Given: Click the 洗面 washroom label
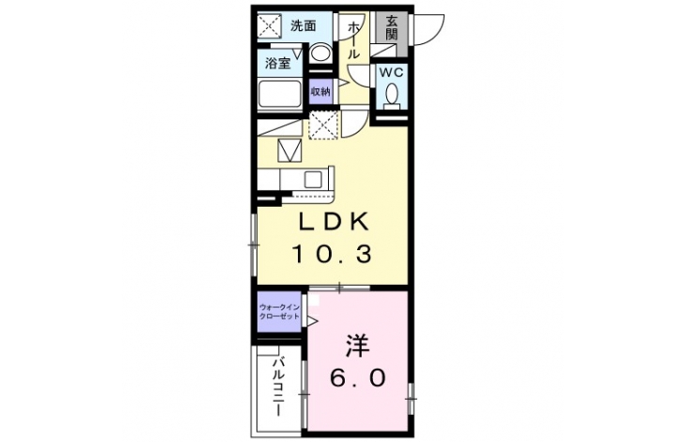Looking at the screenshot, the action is (304, 26).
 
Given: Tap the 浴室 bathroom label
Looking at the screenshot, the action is (278, 63).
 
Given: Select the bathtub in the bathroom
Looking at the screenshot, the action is (279, 94).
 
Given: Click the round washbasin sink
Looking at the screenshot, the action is (320, 53).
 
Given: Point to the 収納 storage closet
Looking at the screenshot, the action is (320, 91).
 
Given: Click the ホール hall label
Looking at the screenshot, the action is (353, 40).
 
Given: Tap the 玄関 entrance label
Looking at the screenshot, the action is (392, 28).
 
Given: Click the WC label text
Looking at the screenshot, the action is (391, 72).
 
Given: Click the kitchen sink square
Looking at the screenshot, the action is (313, 180).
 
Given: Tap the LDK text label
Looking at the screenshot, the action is (334, 221).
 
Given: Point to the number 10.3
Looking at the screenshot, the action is (332, 254).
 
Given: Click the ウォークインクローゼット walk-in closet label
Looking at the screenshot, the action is (279, 311).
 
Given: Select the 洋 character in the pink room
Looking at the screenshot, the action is (358, 346).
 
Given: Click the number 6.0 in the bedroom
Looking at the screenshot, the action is (358, 378).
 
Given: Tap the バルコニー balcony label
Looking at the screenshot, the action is (279, 387).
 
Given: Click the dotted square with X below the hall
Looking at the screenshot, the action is (323, 125).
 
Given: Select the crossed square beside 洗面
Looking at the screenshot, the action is (270, 26).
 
